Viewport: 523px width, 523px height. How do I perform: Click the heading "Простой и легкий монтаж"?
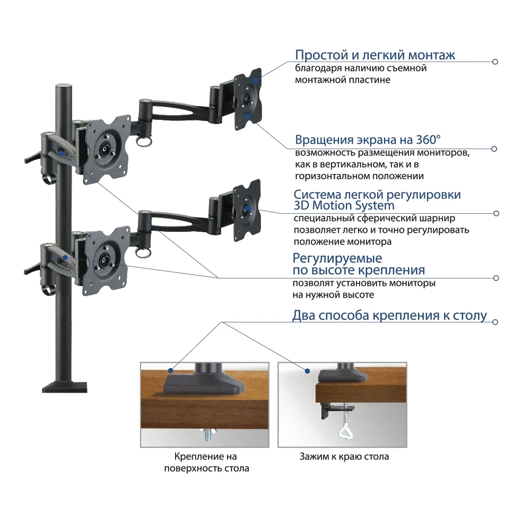tap(374, 55)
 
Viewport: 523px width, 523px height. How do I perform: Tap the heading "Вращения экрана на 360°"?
tap(368, 141)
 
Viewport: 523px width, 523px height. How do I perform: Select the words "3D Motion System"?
tap(344, 205)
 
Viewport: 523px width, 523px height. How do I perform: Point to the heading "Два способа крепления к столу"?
tap(389, 316)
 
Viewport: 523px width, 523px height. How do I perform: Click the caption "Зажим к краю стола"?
tap(344, 456)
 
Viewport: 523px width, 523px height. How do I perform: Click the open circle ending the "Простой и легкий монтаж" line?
tap(495, 62)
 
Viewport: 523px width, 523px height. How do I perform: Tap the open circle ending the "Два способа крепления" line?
tap(495, 321)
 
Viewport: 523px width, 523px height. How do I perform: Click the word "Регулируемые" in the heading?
tap(337, 259)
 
